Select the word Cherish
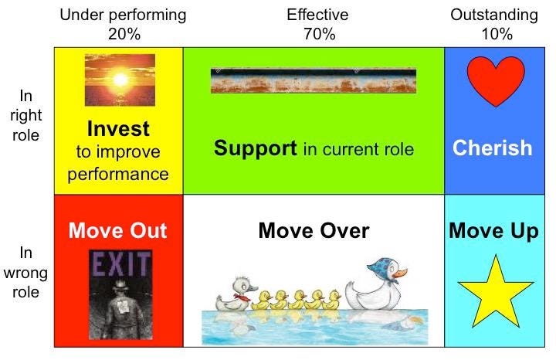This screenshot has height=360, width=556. (x=493, y=148)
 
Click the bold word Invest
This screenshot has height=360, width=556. (x=118, y=128)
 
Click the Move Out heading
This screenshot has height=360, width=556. (x=117, y=230)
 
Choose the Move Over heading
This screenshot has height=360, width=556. (x=314, y=230)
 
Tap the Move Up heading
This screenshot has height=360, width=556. (x=494, y=230)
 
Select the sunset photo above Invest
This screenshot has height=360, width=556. (x=120, y=80)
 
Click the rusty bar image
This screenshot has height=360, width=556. (x=313, y=80)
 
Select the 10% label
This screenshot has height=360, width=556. (x=494, y=34)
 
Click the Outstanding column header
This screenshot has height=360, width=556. (x=494, y=15)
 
